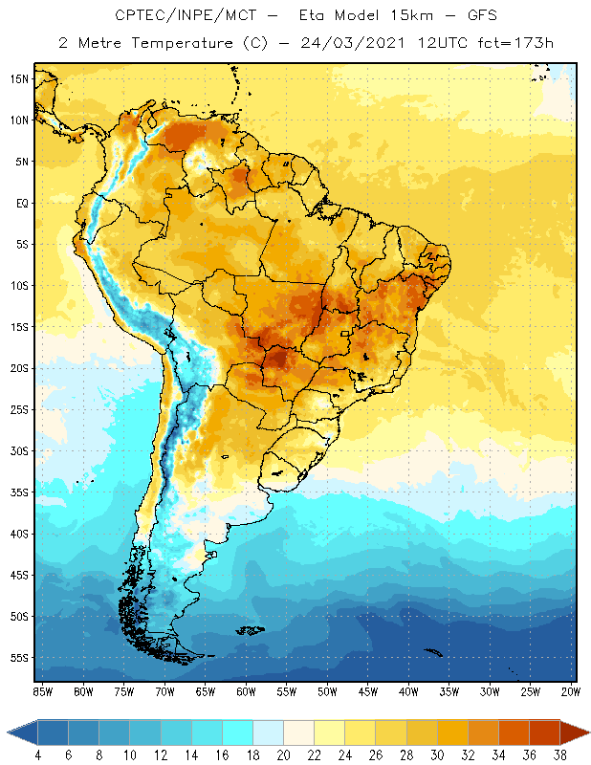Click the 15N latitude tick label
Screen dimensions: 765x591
19,79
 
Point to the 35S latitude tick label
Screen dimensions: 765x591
19,492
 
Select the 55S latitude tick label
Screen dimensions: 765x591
19,658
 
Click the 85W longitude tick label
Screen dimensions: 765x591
42,691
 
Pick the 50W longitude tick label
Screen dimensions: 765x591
328,691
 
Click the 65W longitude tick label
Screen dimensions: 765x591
206,691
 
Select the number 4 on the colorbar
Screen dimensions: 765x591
37,755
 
